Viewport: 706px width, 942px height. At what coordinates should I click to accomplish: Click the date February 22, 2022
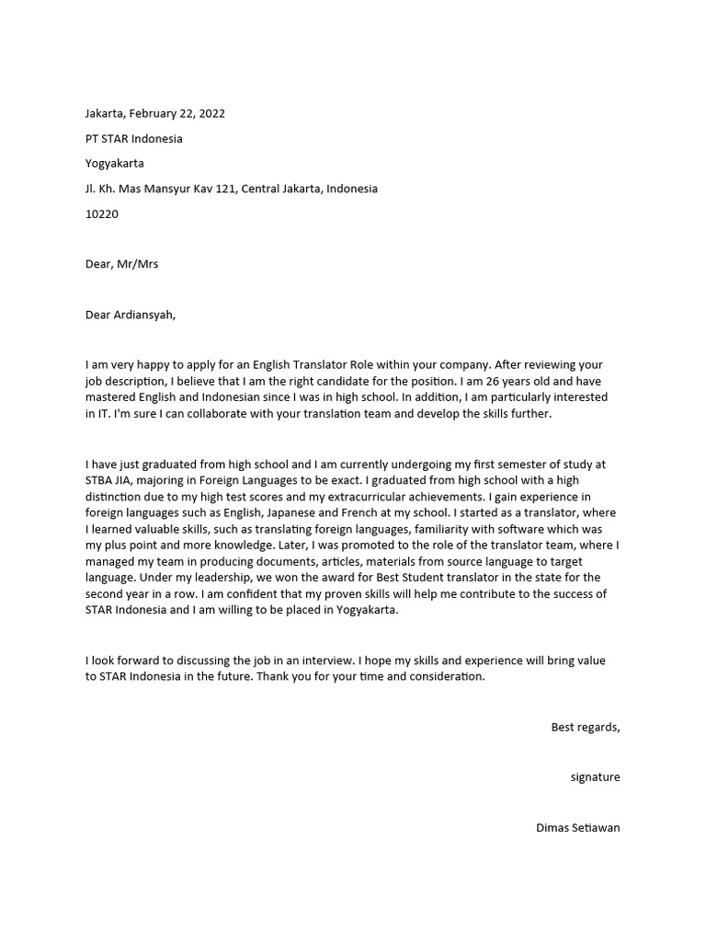click(x=176, y=114)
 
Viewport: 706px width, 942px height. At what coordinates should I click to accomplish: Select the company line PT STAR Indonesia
click(x=133, y=139)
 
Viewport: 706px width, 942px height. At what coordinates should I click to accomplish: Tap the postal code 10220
click(x=101, y=214)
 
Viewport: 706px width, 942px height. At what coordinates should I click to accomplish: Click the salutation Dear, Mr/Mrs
click(x=121, y=264)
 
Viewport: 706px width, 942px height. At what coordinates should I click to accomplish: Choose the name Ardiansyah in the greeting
click(x=143, y=315)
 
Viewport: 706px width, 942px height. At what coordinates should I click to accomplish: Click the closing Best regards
click(x=585, y=728)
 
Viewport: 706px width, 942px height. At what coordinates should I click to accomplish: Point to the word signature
click(x=595, y=777)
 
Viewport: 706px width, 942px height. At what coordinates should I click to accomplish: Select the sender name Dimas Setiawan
click(x=577, y=828)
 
